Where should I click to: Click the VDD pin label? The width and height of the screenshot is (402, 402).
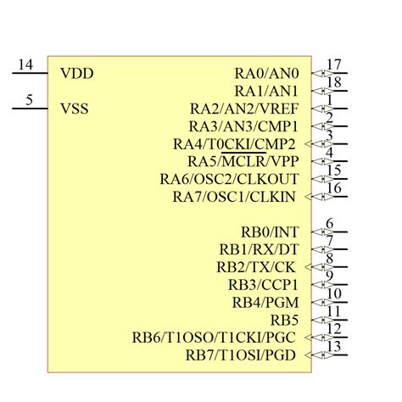pyautogui.click(x=76, y=74)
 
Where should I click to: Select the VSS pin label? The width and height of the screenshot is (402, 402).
pyautogui.click(x=75, y=109)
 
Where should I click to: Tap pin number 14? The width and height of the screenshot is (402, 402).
pyautogui.click(x=25, y=65)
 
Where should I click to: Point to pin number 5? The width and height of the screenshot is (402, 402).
pyautogui.click(x=30, y=100)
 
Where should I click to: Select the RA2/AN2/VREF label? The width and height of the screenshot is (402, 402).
pyautogui.click(x=244, y=109)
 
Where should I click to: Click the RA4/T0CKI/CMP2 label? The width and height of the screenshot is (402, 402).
pyautogui.click(x=235, y=143)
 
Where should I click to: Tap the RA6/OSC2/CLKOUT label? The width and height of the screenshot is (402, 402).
pyautogui.click(x=229, y=179)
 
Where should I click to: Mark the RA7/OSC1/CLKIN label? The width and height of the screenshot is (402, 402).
pyautogui.click(x=235, y=197)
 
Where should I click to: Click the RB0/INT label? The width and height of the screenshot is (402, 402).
pyautogui.click(x=270, y=232)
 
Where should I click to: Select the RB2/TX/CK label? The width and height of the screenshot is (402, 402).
pyautogui.click(x=257, y=267)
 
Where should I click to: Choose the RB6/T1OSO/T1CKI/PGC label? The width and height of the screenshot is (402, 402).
pyautogui.click(x=215, y=338)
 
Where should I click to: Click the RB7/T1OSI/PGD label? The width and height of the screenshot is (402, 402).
pyautogui.click(x=242, y=355)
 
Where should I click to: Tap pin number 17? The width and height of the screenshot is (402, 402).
pyautogui.click(x=333, y=65)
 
